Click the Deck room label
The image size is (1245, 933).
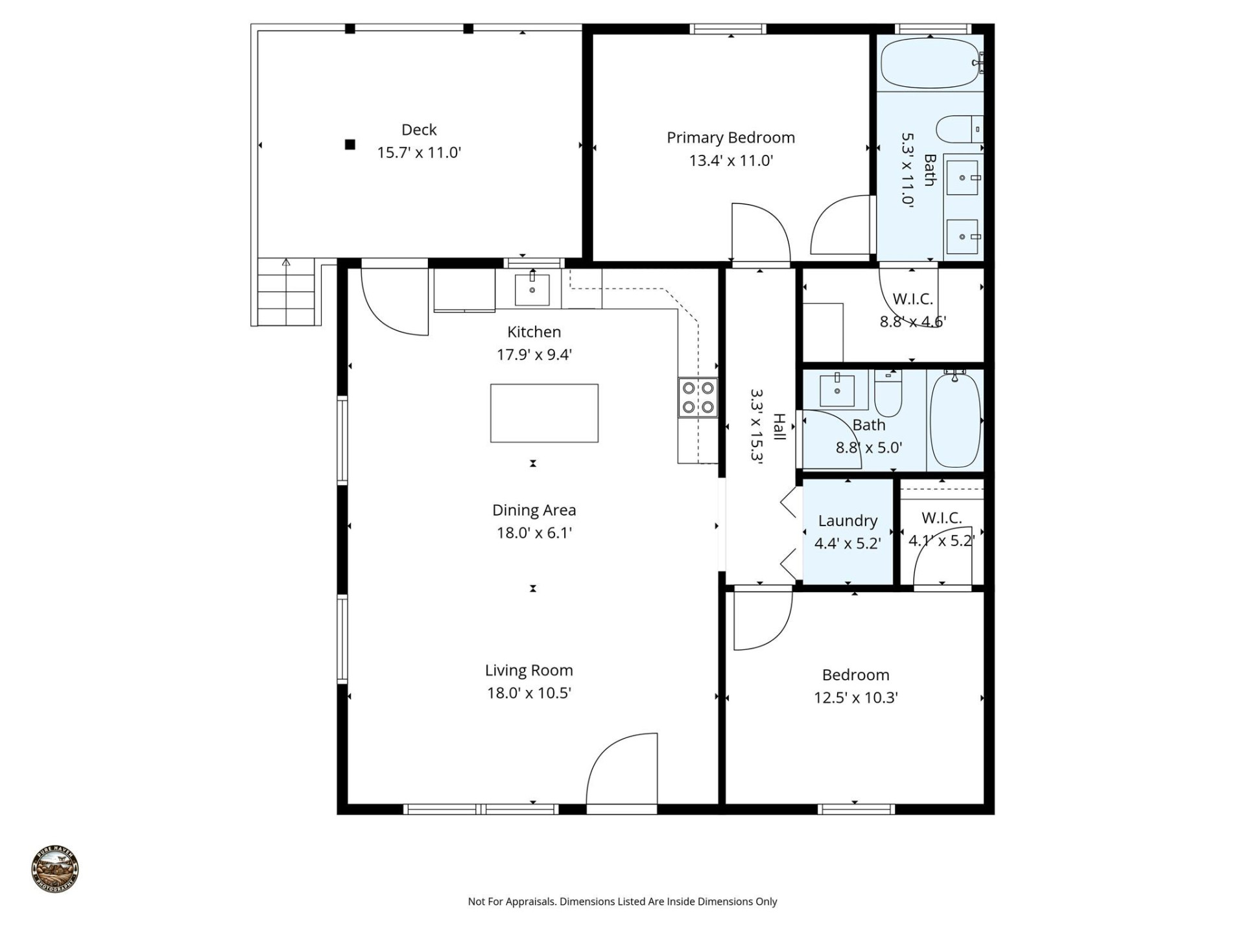[419, 130]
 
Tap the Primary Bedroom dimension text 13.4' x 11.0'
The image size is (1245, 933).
[731, 161]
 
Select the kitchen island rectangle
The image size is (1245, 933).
[544, 413]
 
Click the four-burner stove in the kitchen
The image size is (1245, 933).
[698, 397]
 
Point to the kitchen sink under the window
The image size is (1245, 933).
[532, 290]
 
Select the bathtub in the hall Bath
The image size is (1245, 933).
[955, 420]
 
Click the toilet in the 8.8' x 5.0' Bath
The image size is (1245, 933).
[888, 394]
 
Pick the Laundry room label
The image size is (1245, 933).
[848, 520]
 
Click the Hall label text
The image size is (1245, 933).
[779, 427]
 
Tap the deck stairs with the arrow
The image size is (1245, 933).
[286, 292]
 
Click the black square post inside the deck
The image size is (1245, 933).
[350, 144]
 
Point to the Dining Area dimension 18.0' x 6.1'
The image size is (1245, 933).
[534, 533]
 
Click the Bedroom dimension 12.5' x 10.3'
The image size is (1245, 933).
[855, 698]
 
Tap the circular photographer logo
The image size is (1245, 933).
[55, 869]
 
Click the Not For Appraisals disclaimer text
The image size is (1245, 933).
[622, 901]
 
